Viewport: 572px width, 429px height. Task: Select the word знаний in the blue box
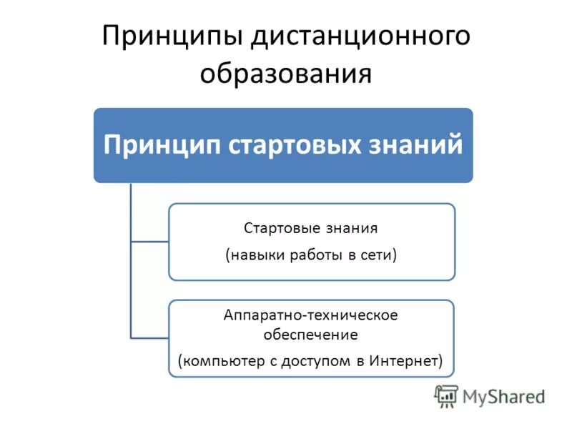423,144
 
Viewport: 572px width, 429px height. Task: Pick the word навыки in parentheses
260,255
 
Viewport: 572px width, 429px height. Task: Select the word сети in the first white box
378,255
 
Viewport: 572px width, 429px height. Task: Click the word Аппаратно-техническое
310,315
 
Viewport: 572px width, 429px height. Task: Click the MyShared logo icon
447,395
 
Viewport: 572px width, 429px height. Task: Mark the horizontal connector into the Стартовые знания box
149,242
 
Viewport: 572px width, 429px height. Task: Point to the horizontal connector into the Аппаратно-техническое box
149,337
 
